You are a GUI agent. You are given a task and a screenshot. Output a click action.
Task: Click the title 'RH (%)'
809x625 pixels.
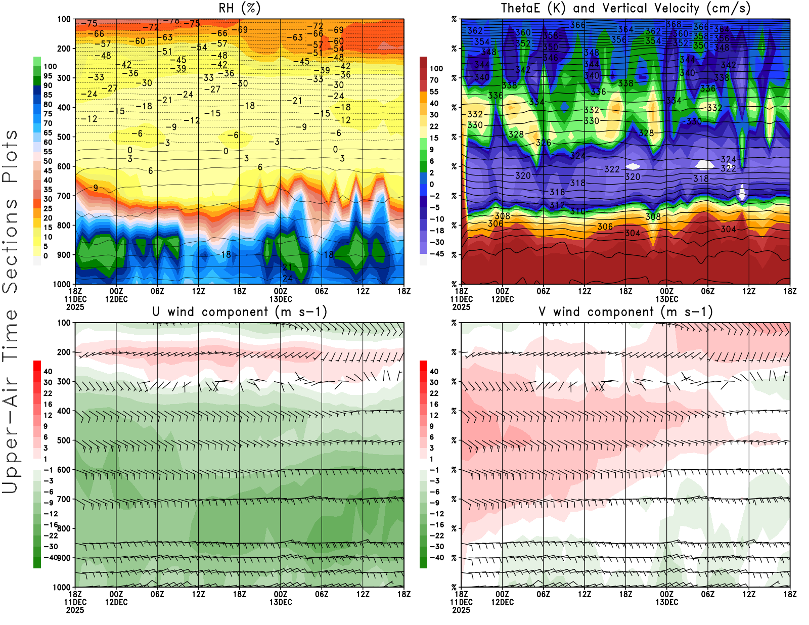240,8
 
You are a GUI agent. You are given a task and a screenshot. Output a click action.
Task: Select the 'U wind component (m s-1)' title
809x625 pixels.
240,311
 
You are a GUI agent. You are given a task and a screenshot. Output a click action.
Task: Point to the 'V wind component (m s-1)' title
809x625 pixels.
625,311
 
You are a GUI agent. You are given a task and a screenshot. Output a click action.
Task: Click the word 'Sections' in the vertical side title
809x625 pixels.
10,245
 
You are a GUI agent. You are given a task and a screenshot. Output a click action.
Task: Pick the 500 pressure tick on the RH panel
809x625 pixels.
64,137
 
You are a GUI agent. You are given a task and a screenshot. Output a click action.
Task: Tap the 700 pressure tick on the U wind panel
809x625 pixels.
64,499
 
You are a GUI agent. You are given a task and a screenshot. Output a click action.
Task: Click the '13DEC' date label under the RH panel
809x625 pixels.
281,299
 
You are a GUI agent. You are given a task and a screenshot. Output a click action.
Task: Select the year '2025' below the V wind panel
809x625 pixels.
461,610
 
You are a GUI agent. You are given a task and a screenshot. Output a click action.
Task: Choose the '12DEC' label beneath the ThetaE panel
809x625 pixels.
502,299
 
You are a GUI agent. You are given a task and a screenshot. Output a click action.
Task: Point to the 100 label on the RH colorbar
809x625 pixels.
50,66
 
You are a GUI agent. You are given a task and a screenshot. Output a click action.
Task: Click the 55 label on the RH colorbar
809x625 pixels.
48,152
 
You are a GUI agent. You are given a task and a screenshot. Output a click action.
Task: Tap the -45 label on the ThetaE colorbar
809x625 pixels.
437,254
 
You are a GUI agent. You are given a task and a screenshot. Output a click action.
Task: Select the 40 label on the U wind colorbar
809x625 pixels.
48,371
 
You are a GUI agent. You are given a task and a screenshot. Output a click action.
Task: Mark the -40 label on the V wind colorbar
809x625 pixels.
437,558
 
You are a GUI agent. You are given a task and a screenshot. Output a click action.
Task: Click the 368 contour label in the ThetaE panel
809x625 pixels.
673,24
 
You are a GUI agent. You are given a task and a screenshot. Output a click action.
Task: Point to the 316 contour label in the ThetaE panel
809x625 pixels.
557,192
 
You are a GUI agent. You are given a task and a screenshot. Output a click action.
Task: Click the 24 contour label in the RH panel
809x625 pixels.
287,278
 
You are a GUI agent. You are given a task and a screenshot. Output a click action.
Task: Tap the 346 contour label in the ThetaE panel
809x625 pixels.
550,58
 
